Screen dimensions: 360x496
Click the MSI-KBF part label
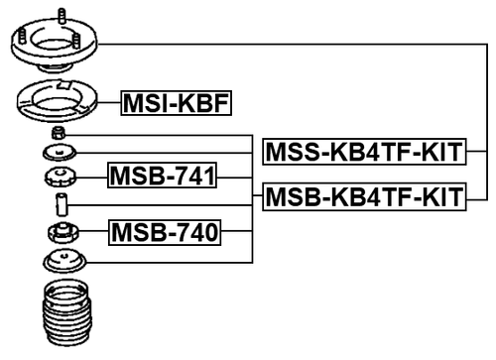[175, 101]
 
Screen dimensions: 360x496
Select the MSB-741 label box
[163, 177]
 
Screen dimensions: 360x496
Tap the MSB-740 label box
[164, 233]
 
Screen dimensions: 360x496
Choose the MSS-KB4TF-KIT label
[363, 152]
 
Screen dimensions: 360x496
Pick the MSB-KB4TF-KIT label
[363, 198]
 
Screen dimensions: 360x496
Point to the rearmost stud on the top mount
[62, 17]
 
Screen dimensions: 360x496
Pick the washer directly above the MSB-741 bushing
[60, 153]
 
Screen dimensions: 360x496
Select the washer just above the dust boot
[62, 263]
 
